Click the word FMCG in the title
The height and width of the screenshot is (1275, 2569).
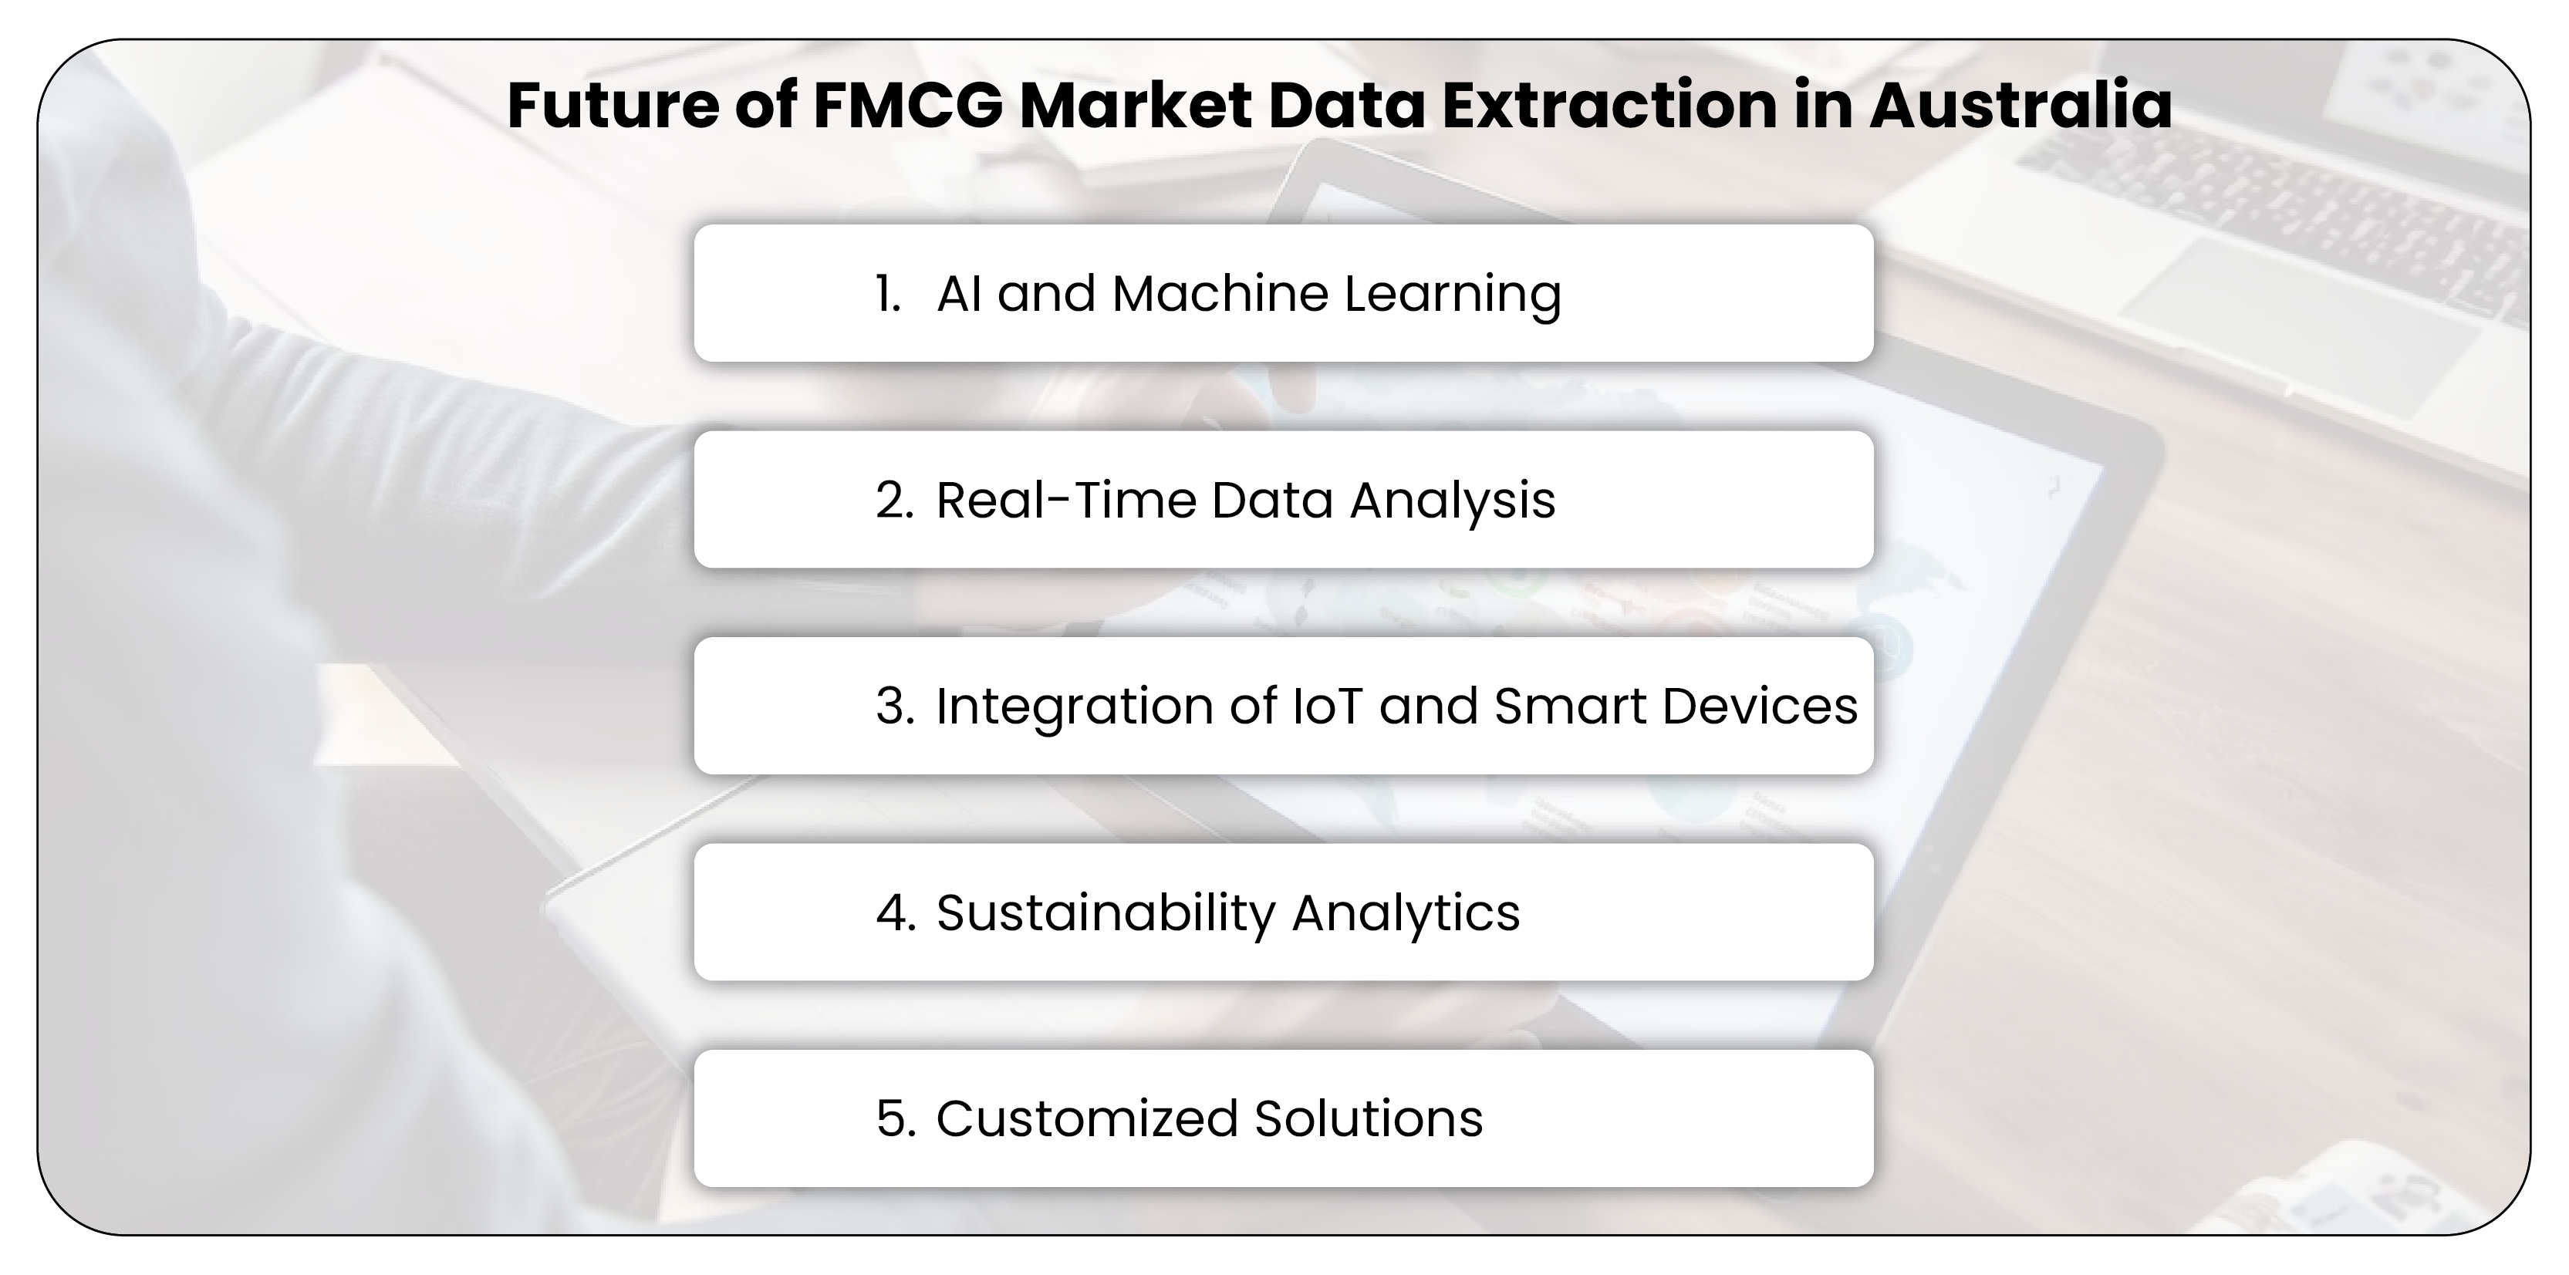[x=907, y=106]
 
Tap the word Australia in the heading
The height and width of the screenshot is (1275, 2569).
[x=2020, y=106]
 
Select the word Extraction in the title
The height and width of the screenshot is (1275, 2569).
[x=1609, y=106]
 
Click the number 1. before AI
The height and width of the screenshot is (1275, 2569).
[x=889, y=294]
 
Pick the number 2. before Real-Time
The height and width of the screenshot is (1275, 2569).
[x=895, y=501]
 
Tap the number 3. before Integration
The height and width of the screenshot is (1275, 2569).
[x=895, y=707]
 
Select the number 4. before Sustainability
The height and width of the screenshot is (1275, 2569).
[x=896, y=913]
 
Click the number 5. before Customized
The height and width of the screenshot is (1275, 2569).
[x=896, y=1119]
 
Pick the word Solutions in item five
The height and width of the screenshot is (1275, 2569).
[x=1369, y=1119]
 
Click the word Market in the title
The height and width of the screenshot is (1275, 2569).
[x=1135, y=106]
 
